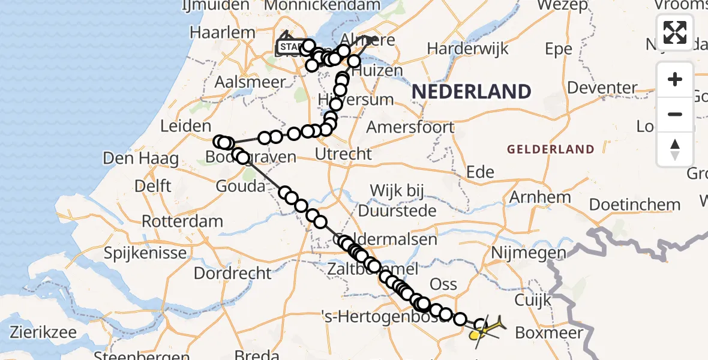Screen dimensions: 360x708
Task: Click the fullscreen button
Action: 675,32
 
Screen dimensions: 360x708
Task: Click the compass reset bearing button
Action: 675,149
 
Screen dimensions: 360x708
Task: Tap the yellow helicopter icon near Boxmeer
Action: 485,329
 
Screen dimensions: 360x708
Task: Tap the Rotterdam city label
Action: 182,221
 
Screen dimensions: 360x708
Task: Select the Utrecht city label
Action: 344,154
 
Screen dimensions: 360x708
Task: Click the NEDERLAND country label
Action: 472,92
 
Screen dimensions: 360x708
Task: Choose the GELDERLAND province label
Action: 551,149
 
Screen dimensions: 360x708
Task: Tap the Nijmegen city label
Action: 528,253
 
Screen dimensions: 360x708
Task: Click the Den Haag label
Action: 141,159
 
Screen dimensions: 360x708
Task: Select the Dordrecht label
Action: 232,273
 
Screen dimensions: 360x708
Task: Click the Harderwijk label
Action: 467,48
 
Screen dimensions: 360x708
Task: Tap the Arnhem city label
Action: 540,197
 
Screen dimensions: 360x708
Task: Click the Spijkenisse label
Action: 145,253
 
